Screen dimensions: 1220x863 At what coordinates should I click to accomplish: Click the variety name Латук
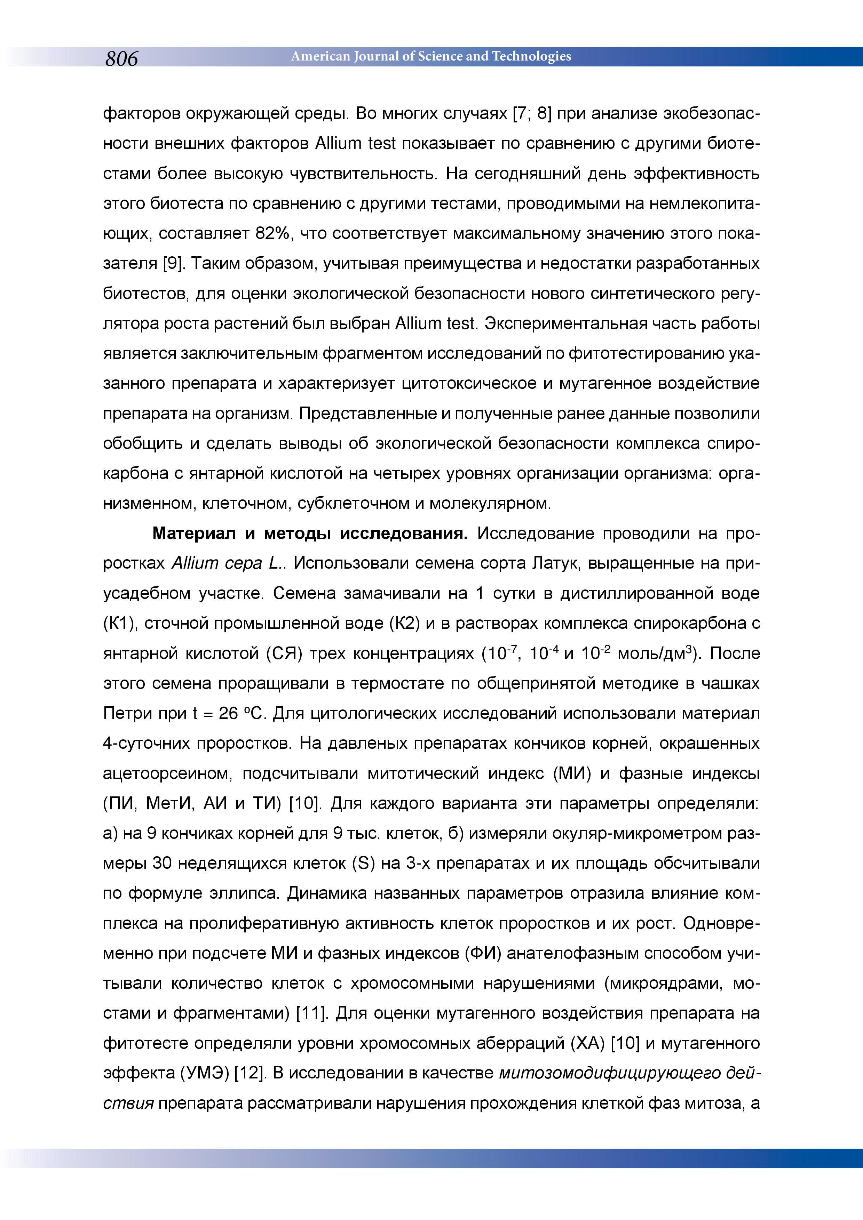coord(552,563)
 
